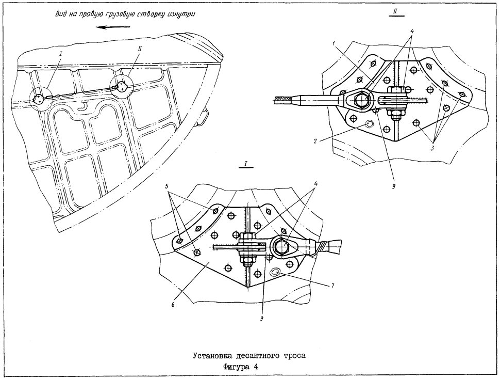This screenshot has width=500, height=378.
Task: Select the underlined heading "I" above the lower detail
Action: coord(246,164)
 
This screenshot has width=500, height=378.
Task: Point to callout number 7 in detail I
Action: coord(331,286)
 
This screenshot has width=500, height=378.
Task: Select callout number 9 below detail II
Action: coord(394,187)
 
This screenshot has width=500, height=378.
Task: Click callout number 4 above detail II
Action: coord(412,31)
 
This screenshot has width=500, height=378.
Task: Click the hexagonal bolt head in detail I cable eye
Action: coord(281,246)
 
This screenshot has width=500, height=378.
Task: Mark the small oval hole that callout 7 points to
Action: coord(275,272)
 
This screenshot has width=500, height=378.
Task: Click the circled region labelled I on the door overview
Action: coord(41,99)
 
